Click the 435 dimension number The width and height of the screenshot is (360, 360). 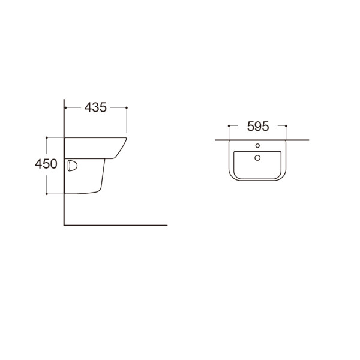tap(95, 107)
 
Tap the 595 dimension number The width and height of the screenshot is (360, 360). tap(257, 126)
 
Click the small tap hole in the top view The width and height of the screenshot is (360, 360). tap(257, 145)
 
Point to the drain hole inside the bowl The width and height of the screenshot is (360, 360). tap(257, 158)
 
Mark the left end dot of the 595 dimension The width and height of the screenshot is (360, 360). tap(229, 126)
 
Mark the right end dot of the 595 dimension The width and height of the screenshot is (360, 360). tap(286, 126)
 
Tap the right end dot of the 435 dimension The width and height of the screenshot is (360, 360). tap(127, 107)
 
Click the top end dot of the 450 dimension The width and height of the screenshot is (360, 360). tap(47, 137)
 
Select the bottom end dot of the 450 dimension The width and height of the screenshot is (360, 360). tap(47, 194)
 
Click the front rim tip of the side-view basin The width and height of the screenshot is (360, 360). tap(127, 139)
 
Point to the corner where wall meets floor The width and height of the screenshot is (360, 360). tap(64, 225)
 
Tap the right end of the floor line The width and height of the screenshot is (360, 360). tap(167, 225)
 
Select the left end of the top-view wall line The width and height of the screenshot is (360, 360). tap(216, 140)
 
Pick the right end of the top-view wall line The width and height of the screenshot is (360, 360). tap(309, 140)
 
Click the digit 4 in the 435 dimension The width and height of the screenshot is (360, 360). tap(88, 107)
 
